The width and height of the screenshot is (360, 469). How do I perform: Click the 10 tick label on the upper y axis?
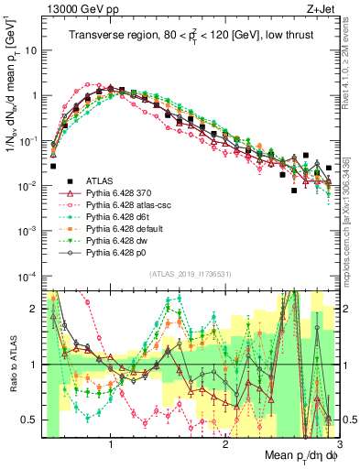point(32,50)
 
